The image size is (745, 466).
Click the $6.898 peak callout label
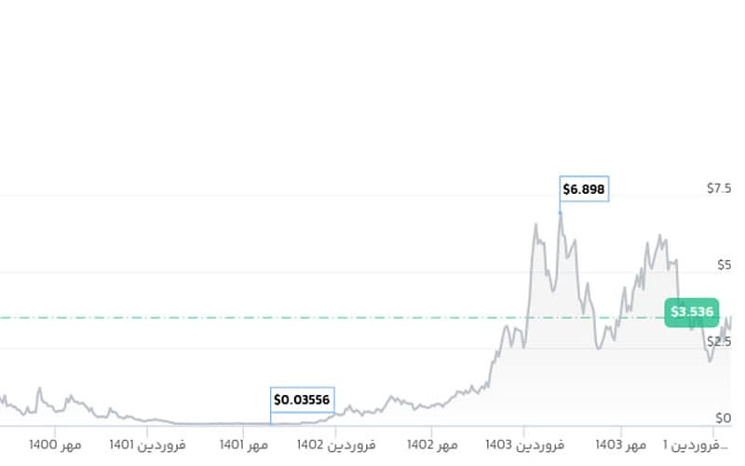point(584,189)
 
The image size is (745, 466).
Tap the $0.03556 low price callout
point(302,400)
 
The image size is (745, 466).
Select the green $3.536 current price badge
point(692,311)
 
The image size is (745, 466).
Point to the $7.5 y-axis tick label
point(718,188)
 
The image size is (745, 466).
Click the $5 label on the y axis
point(724,265)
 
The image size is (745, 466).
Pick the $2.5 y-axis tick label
point(718,341)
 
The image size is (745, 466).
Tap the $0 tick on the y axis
point(724,418)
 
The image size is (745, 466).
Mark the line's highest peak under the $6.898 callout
point(560,213)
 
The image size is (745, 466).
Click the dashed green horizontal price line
point(279,318)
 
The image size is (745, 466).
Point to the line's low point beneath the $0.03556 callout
point(271,424)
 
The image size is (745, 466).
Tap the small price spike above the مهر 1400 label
point(39,389)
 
